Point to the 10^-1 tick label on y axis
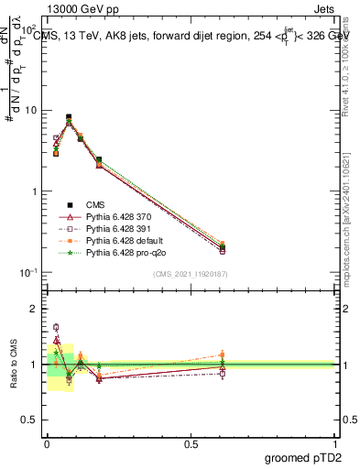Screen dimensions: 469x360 pos(27,272)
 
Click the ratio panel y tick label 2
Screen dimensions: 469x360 pos(34,309)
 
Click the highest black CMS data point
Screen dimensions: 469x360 pos(69,117)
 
